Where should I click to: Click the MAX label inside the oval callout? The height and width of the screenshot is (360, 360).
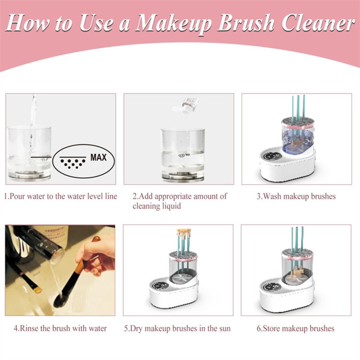pos(98,157)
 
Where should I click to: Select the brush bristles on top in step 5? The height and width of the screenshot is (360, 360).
pos(183,232)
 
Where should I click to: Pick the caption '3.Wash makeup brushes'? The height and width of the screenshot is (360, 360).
pos(296,196)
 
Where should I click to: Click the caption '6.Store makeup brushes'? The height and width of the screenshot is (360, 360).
pos(296,328)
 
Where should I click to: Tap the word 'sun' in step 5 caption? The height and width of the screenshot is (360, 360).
pos(224,328)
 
